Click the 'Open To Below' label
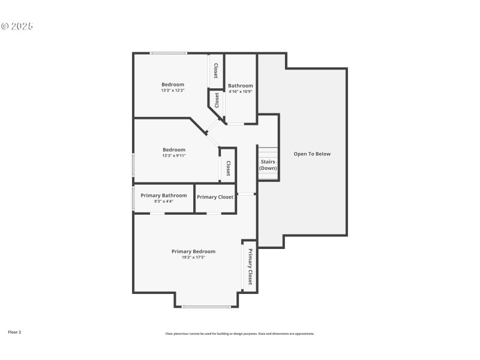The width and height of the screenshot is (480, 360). pyautogui.click(x=312, y=154)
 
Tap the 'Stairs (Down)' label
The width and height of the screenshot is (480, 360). pyautogui.click(x=268, y=165)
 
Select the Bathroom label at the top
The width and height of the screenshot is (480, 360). pyautogui.click(x=241, y=86)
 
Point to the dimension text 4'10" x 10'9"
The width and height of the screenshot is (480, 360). pyautogui.click(x=241, y=92)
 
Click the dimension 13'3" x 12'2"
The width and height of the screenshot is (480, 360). pyautogui.click(x=173, y=91)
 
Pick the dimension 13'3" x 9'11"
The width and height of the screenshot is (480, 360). pyautogui.click(x=174, y=156)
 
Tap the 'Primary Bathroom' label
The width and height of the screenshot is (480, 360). pyautogui.click(x=164, y=196)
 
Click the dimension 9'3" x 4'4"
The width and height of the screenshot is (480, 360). pyautogui.click(x=164, y=202)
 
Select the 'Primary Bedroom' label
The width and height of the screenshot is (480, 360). pyautogui.click(x=193, y=251)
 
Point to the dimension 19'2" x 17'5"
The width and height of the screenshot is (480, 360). pyautogui.click(x=193, y=257)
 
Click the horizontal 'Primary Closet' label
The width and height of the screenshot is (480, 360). pyautogui.click(x=215, y=197)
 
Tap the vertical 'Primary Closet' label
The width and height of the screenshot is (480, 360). pyautogui.click(x=250, y=266)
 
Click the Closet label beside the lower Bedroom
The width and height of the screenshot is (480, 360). pyautogui.click(x=229, y=167)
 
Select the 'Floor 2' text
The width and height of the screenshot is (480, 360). pyautogui.click(x=14, y=332)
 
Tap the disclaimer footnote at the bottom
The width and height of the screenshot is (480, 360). pyautogui.click(x=240, y=334)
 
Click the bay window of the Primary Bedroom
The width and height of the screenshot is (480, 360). pyautogui.click(x=206, y=307)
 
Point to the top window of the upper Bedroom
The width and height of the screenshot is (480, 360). pyautogui.click(x=168, y=53)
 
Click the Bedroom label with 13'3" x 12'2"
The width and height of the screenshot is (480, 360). pyautogui.click(x=173, y=85)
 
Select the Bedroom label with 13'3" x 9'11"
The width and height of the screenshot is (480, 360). pyautogui.click(x=174, y=150)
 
